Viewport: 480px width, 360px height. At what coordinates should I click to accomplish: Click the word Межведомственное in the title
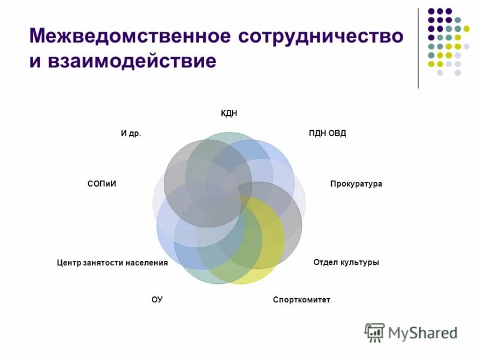click(x=128, y=35)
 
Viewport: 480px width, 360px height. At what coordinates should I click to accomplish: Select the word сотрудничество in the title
click(x=320, y=35)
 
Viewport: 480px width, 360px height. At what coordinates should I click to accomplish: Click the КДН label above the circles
click(x=229, y=114)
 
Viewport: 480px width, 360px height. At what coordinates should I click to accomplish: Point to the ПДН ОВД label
click(x=327, y=133)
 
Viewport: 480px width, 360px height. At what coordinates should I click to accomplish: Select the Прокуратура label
click(x=356, y=184)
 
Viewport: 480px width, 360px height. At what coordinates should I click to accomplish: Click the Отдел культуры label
click(x=346, y=262)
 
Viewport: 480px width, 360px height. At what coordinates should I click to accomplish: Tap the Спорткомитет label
click(x=301, y=299)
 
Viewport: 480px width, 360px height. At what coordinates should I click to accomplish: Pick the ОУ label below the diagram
click(x=157, y=299)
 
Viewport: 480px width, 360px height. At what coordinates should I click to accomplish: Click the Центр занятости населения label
click(x=112, y=263)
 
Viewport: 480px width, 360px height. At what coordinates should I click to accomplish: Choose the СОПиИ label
click(x=101, y=184)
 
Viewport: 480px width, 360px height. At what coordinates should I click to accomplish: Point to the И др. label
click(x=131, y=133)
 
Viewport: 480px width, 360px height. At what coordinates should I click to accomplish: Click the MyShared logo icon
click(x=374, y=332)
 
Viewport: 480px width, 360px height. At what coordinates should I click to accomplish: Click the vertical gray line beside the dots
click(x=418, y=48)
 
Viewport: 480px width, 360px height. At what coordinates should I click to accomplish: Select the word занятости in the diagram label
click(x=102, y=263)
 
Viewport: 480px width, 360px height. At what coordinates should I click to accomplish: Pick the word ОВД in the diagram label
click(x=337, y=133)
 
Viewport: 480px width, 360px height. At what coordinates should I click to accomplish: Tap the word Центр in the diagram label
click(x=68, y=263)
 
